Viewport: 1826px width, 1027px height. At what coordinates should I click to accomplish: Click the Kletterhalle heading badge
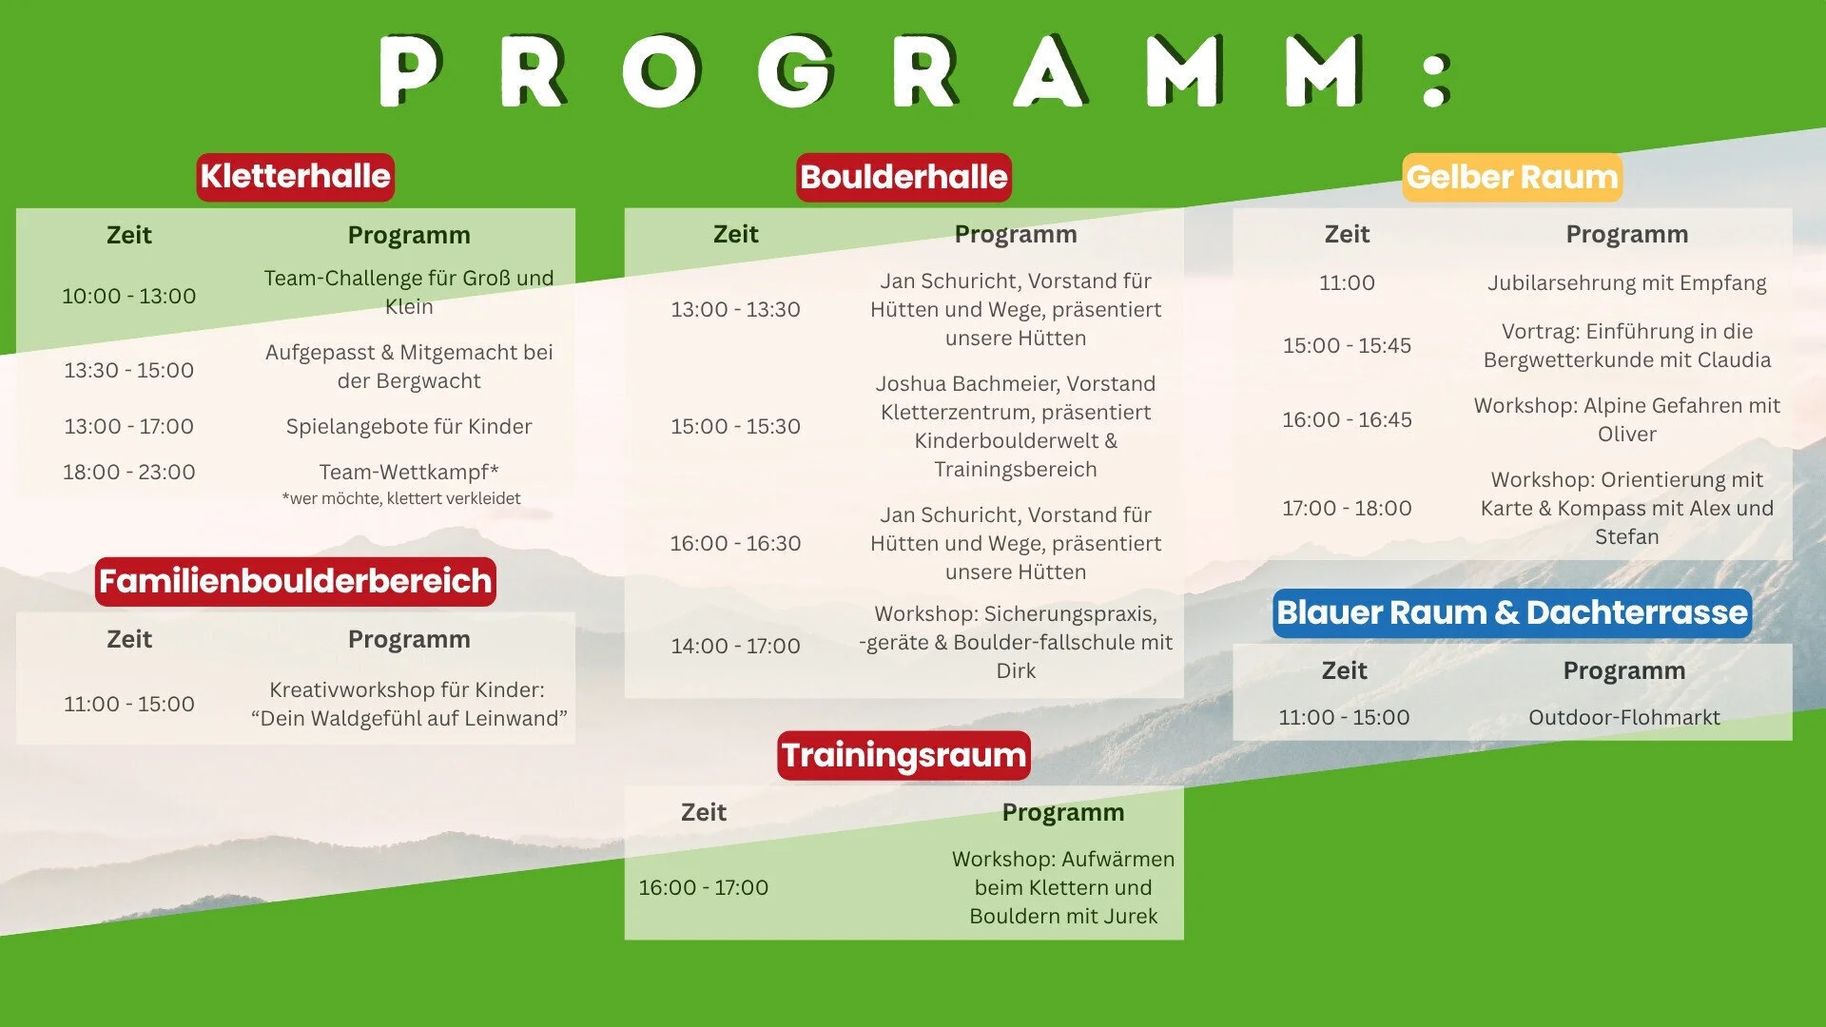(295, 177)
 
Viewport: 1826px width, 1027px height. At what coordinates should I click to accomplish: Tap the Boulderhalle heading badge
(903, 177)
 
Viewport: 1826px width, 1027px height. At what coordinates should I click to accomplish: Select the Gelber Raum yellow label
(1512, 177)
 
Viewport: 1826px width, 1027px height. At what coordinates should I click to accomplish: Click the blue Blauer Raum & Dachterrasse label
(1512, 613)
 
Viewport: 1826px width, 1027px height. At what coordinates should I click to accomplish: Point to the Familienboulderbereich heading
(295, 581)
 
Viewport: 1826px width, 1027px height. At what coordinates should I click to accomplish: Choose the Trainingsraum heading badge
(903, 755)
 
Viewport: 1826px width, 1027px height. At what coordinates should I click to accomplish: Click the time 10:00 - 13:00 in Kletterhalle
(129, 296)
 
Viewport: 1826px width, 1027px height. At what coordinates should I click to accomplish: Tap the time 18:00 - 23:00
(129, 472)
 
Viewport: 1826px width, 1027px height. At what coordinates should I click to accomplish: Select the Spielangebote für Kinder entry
(409, 426)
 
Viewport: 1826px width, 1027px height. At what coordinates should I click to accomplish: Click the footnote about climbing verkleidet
(401, 498)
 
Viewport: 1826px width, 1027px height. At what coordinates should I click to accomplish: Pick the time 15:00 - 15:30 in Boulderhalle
(735, 426)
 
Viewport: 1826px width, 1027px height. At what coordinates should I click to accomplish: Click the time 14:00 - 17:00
(735, 646)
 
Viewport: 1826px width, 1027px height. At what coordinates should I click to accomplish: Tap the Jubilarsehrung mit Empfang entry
(1627, 283)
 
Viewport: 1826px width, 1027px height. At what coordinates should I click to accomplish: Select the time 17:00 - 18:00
(1347, 508)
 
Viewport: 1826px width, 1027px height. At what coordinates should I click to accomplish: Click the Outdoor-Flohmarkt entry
(1624, 717)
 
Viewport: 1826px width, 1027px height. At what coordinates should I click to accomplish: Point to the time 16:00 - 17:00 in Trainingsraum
(704, 887)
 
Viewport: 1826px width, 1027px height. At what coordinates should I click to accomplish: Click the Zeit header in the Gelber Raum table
(1347, 234)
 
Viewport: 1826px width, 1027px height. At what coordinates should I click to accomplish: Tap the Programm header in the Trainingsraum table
(1063, 812)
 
